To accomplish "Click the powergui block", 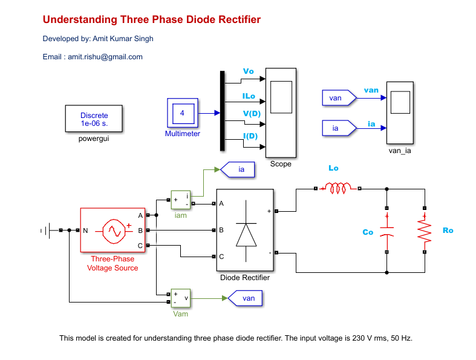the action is click(94, 119).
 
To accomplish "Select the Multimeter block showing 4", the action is click(183, 113).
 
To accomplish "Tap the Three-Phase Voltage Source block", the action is click(112, 230).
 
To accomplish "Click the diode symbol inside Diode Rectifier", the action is click(246, 231).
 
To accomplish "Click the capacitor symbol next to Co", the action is click(386, 231).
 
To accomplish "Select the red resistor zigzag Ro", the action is click(425, 231).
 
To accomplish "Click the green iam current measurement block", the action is click(181, 200).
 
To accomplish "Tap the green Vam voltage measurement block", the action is click(181, 298).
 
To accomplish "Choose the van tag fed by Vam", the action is click(245, 298).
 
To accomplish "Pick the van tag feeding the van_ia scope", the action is click(339, 98).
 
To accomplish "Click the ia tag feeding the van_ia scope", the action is click(339, 128).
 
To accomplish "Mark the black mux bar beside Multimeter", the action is click(222, 111).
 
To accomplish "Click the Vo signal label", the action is click(249, 71).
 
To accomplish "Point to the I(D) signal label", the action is click(250, 136).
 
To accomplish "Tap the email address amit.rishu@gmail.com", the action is click(105, 57).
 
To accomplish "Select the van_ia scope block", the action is click(400, 113).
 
